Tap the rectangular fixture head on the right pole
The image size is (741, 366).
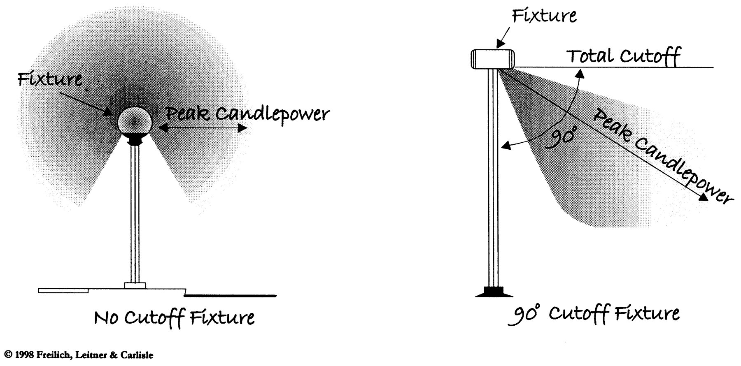[x=493, y=58]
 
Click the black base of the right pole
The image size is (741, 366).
[x=494, y=292]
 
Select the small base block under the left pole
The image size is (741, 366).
[x=135, y=285]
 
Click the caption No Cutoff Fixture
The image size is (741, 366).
[x=174, y=317]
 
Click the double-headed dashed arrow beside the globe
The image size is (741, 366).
[x=203, y=128]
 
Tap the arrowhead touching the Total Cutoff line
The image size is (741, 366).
[x=580, y=72]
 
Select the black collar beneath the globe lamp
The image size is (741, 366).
[x=135, y=141]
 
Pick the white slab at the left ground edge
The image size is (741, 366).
[x=63, y=290]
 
